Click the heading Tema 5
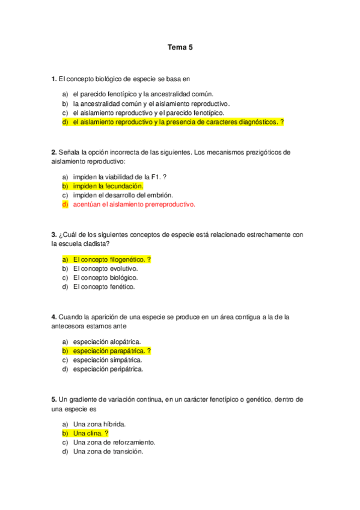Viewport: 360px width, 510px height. click(180, 47)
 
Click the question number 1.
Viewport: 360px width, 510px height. click(53, 79)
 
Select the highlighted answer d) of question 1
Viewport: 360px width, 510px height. click(174, 122)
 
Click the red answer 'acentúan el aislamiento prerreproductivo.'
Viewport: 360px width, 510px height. click(134, 204)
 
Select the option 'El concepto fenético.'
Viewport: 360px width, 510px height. click(104, 287)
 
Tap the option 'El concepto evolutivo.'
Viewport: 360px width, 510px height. click(105, 268)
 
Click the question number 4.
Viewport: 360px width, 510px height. click(53, 317)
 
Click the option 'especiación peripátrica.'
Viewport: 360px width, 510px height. click(108, 369)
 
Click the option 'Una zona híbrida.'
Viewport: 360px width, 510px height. click(99, 424)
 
